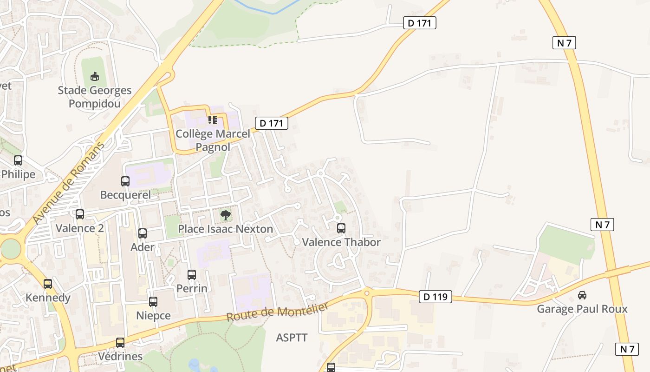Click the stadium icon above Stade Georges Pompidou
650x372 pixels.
pyautogui.click(x=95, y=76)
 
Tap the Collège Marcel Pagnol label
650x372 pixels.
pyautogui.click(x=213, y=140)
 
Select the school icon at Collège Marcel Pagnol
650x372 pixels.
pyautogui.click(x=213, y=120)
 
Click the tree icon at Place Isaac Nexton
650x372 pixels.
pyautogui.click(x=226, y=215)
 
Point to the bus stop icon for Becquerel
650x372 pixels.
pyautogui.click(x=125, y=181)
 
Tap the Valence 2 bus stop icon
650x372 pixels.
pyautogui.click(x=80, y=214)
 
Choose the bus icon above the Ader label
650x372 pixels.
pyautogui.click(x=143, y=233)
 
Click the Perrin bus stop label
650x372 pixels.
pyautogui.click(x=192, y=288)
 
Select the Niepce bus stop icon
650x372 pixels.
pyautogui.click(x=153, y=302)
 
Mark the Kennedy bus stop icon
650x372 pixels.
pyautogui.click(x=48, y=284)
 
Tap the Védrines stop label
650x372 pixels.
pyautogui.click(x=120, y=357)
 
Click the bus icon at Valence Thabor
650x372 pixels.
pyautogui.click(x=341, y=228)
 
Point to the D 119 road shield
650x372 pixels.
pyautogui.click(x=435, y=296)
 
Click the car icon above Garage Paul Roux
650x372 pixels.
pyautogui.click(x=582, y=295)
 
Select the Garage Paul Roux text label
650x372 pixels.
pyautogui.click(x=582, y=309)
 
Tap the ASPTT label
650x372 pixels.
pyautogui.click(x=292, y=338)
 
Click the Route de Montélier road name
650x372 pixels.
pyautogui.click(x=278, y=311)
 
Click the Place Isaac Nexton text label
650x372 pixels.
pyautogui.click(x=226, y=229)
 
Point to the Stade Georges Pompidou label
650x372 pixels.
pyautogui.click(x=95, y=97)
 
